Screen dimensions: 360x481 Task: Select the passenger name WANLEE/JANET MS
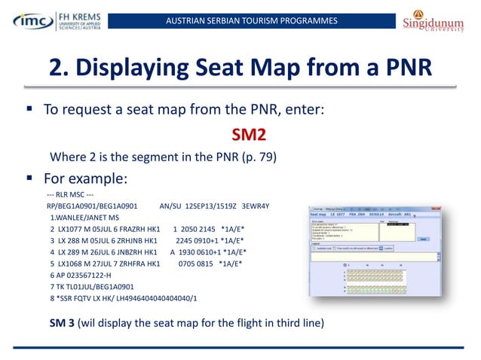(83, 217)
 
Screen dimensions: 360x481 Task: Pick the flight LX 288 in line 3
(72, 240)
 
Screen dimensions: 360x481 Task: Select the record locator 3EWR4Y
(256, 206)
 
